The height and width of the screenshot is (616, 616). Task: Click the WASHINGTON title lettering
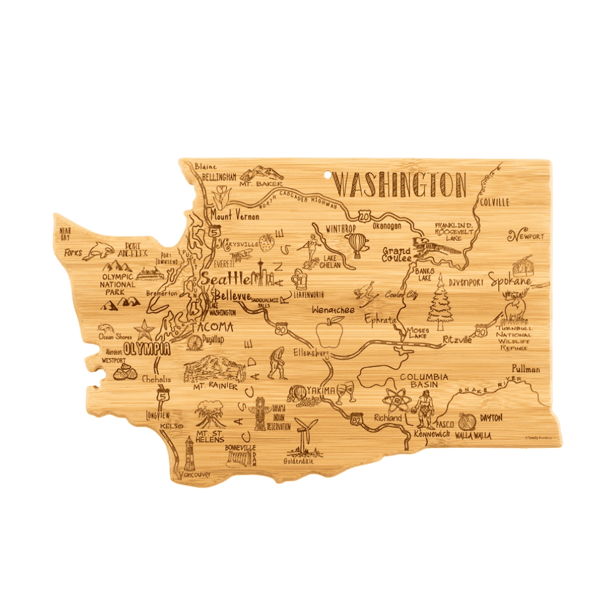[401, 184]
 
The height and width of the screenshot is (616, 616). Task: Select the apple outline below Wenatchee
[329, 333]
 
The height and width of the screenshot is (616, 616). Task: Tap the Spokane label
[510, 282]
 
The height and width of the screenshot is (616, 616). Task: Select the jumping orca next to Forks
[99, 250]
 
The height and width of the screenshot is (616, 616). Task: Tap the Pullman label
[525, 369]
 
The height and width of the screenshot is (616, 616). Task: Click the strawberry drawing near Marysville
[267, 241]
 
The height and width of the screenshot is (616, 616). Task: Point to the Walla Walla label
[473, 435]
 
